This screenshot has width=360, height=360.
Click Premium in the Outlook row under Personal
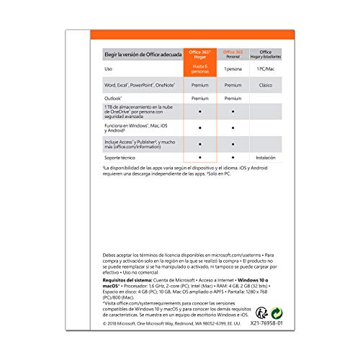(x=233, y=98)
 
